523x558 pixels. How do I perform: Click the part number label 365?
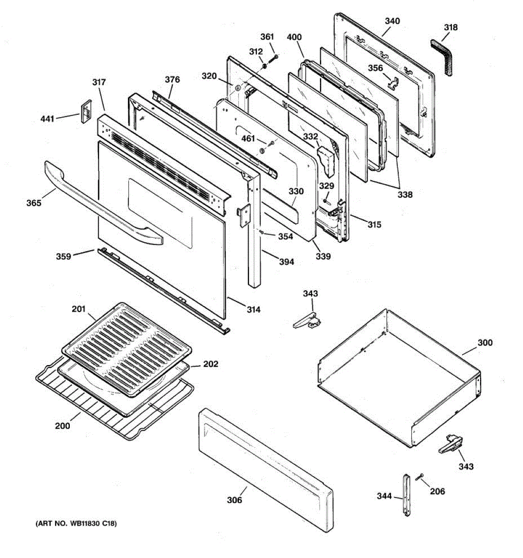(x=33, y=203)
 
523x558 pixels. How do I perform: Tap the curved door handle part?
(x=93, y=200)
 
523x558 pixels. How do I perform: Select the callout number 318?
(x=450, y=27)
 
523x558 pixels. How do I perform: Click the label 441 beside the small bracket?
(x=47, y=119)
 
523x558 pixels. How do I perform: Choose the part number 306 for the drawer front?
(x=234, y=500)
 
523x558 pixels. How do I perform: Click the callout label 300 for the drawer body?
(x=485, y=343)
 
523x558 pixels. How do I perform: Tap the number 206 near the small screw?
(x=437, y=491)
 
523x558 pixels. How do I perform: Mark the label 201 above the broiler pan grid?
(x=79, y=309)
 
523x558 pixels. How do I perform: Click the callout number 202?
(x=211, y=364)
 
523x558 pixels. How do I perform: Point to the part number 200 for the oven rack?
(x=62, y=425)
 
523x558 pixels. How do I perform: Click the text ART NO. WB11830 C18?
(x=76, y=524)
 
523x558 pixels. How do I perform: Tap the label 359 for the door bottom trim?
(x=63, y=256)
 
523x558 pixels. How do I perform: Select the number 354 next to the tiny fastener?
(x=285, y=236)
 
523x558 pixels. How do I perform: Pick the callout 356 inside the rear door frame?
(x=376, y=68)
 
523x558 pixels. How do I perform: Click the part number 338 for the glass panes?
(x=404, y=194)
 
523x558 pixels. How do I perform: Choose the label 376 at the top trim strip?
(x=172, y=80)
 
